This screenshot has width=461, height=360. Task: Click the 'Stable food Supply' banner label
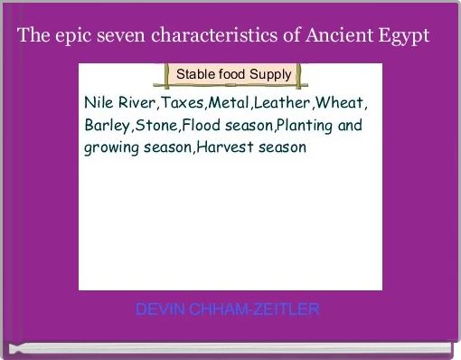pyautogui.click(x=233, y=72)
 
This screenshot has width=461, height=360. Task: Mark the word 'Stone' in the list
pyautogui.click(x=155, y=124)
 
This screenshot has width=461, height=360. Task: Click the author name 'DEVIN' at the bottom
pyautogui.click(x=159, y=310)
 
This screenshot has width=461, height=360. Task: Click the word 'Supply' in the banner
pyautogui.click(x=270, y=73)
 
